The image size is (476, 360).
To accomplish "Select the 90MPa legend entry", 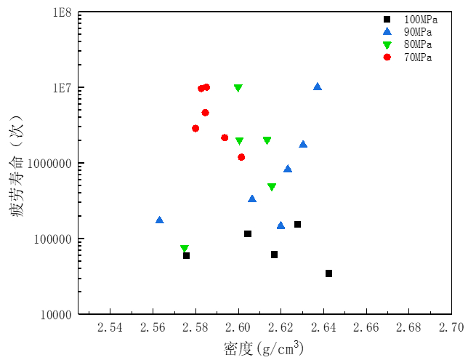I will point(417,32).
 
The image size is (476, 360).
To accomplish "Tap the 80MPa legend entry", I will point(417,45).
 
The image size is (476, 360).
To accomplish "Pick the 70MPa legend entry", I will point(417,57).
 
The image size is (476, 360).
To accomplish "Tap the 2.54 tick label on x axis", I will point(109,328).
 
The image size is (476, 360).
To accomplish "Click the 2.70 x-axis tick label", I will point(451,328).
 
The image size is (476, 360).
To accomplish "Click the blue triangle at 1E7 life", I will point(318,87).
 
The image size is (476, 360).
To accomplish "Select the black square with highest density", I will point(328,273).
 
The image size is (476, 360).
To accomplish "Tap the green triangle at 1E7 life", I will point(238,88).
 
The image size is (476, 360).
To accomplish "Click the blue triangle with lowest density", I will point(160,220).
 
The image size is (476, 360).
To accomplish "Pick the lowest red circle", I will point(241,157).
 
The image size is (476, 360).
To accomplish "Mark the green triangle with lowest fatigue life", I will point(185,249).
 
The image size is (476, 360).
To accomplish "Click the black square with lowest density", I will point(186,255).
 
